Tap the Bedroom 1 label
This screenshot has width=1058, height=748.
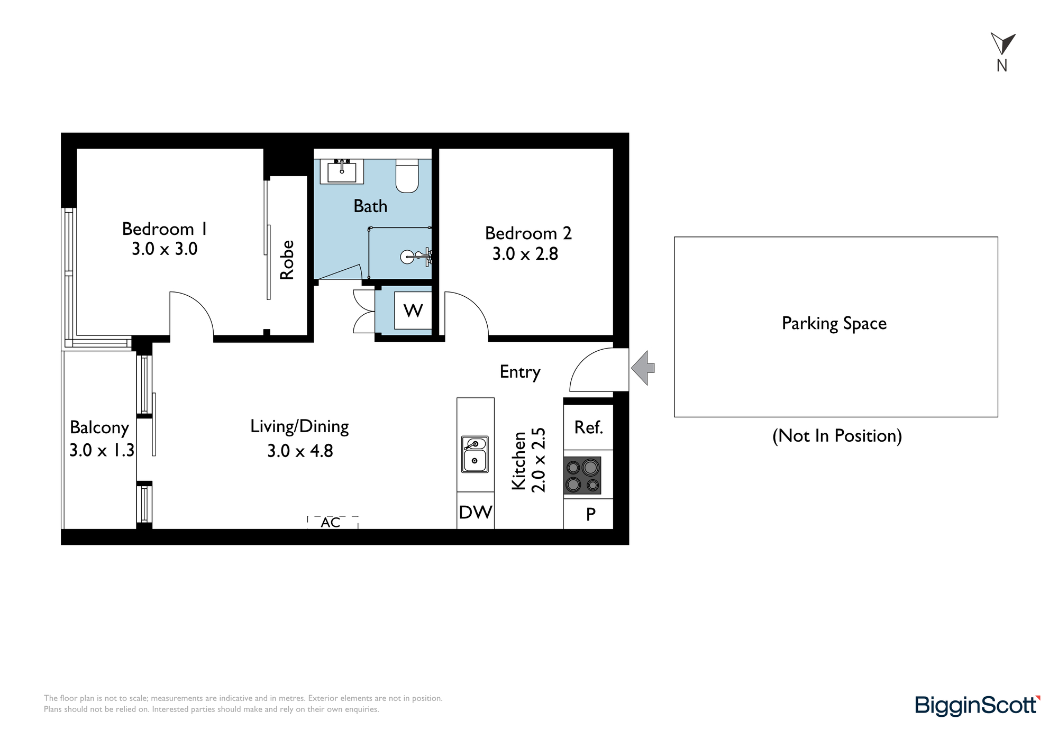pos(165,229)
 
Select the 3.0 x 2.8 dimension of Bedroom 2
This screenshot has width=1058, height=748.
pos(525,254)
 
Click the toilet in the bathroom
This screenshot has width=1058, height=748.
pos(407,176)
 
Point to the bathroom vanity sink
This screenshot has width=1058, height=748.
pos(342,171)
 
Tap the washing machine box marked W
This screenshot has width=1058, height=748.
pos(413,311)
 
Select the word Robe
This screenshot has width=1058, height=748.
pos(287,260)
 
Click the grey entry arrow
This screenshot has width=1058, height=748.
pos(643,368)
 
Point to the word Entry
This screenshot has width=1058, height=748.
pos(520,372)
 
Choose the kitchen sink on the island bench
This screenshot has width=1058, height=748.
pos(475,454)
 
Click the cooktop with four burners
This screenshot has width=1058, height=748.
pos(582,476)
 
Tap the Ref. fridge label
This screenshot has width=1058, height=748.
pos(589,427)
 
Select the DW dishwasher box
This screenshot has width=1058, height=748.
pos(476,511)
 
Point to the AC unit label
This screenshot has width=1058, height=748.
pos(331,523)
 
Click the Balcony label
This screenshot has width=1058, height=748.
pos(99,427)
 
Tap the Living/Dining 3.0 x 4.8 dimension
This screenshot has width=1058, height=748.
pos(300,451)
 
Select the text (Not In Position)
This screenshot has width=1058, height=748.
pos(837,436)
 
